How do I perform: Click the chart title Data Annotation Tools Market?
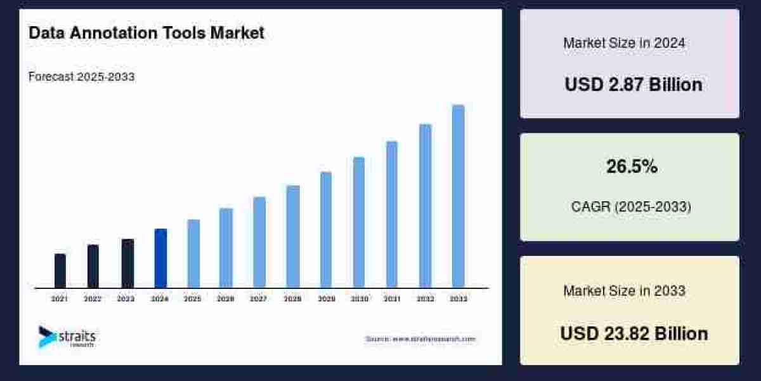pos(146,33)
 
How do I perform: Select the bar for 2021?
pos(60,271)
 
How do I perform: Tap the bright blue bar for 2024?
pos(160,258)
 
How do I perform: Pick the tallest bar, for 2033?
pos(458,196)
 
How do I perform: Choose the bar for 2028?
pos(293,236)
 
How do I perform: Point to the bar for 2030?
pos(359,222)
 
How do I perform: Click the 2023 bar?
pos(127,263)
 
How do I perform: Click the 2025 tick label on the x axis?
pos(192,298)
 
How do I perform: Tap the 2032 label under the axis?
pos(426,298)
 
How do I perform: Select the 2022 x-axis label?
pos(93,298)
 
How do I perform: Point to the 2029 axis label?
pos(325,298)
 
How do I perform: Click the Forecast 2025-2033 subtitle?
pos(82,77)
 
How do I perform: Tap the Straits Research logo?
pos(67,337)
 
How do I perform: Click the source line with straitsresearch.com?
pos(420,339)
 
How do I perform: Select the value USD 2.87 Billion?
pos(634,84)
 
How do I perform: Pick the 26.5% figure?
pos(632,167)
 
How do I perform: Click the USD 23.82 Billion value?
pos(634,333)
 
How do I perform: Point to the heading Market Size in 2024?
pos(624,43)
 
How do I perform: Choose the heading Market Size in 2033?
pos(624,291)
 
